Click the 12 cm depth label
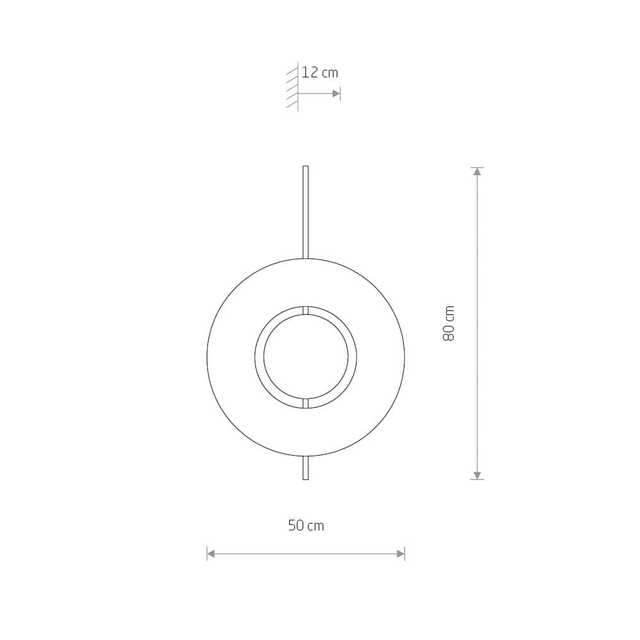[319, 73]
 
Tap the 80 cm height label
[449, 323]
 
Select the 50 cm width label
[306, 525]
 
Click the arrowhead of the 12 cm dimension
[336, 93]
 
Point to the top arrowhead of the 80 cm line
[477, 172]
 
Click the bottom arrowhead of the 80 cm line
[477, 475]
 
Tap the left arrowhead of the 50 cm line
[211, 554]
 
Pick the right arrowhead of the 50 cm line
[401, 554]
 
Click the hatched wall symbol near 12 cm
[292, 86]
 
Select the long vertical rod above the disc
[305, 212]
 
